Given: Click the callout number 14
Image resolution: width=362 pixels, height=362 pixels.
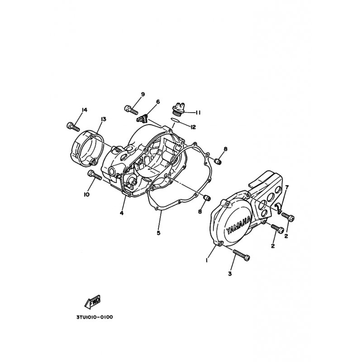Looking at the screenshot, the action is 84,110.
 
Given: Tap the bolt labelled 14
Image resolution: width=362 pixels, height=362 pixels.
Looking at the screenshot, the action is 73,126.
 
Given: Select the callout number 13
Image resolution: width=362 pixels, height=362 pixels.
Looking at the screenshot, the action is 103,119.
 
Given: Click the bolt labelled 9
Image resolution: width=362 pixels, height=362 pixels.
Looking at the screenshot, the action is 131,110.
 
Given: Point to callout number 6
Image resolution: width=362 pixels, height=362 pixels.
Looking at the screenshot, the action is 158,102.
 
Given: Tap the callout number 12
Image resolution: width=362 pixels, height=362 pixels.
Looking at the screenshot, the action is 193,127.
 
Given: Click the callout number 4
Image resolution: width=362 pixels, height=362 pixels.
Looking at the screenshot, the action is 122,213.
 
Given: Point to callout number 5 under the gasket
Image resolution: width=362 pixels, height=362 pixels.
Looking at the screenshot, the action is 158,233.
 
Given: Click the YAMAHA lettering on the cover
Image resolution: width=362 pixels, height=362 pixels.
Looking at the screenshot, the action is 239,225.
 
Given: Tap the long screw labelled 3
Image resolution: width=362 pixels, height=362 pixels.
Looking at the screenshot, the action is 242,256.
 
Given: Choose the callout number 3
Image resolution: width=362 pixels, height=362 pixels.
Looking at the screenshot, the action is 230,274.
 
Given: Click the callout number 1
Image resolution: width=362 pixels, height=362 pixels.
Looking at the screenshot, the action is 207,260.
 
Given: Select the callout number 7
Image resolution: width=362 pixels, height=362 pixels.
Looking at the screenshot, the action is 287,187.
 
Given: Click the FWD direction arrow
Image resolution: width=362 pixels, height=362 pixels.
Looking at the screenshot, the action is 92,302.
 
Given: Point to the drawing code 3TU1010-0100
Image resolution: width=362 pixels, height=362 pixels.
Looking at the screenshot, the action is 95,317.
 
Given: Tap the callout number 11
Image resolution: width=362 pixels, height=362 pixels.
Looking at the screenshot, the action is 198,113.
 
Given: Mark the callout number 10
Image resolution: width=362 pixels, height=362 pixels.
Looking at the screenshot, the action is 86,195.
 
